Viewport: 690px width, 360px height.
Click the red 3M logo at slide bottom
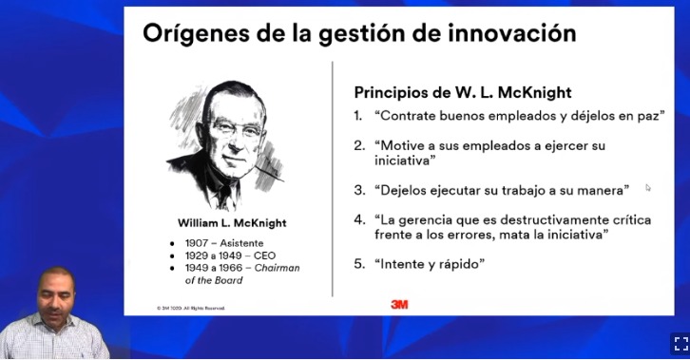399,304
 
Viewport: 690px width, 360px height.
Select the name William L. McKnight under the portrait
232,222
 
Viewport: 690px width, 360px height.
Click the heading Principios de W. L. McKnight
462,93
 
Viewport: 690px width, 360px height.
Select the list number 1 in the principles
358,115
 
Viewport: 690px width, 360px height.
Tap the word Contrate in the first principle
411,115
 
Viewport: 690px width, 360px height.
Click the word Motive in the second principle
403,145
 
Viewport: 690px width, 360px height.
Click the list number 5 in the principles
358,263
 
